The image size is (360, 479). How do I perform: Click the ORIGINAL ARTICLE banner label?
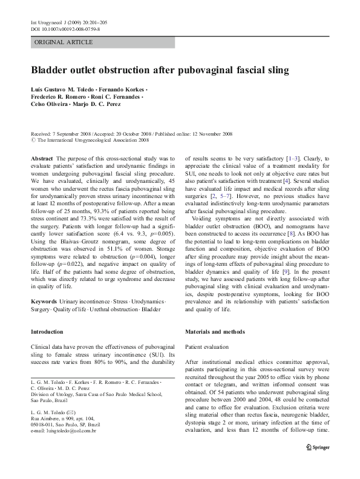click(x=64, y=42)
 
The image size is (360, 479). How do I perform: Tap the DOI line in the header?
click(x=65, y=28)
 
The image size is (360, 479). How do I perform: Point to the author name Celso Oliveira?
click(x=51, y=104)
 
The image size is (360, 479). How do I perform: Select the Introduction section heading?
click(x=47, y=332)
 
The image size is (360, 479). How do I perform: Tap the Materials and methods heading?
click(x=215, y=332)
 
